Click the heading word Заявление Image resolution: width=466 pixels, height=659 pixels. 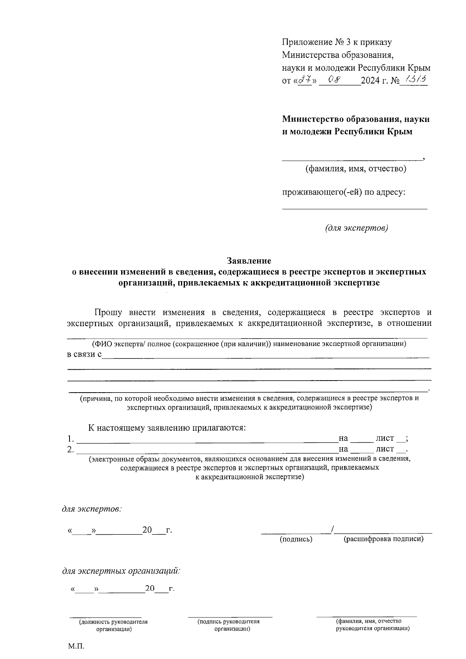tap(249, 260)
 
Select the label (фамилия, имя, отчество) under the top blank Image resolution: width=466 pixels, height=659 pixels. tap(356, 169)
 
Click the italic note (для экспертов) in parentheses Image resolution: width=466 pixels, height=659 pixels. tap(356, 228)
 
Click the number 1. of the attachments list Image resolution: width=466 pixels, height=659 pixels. tap(70, 439)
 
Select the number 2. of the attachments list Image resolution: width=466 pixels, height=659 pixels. tap(70, 450)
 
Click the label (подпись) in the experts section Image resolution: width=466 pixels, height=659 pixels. tap(296, 539)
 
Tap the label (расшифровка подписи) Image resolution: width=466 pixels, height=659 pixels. tap(384, 539)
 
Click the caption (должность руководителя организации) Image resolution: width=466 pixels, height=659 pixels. tap(114, 625)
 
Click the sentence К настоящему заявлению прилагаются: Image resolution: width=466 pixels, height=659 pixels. tap(167, 428)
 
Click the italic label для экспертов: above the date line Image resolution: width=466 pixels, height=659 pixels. tap(92, 509)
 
